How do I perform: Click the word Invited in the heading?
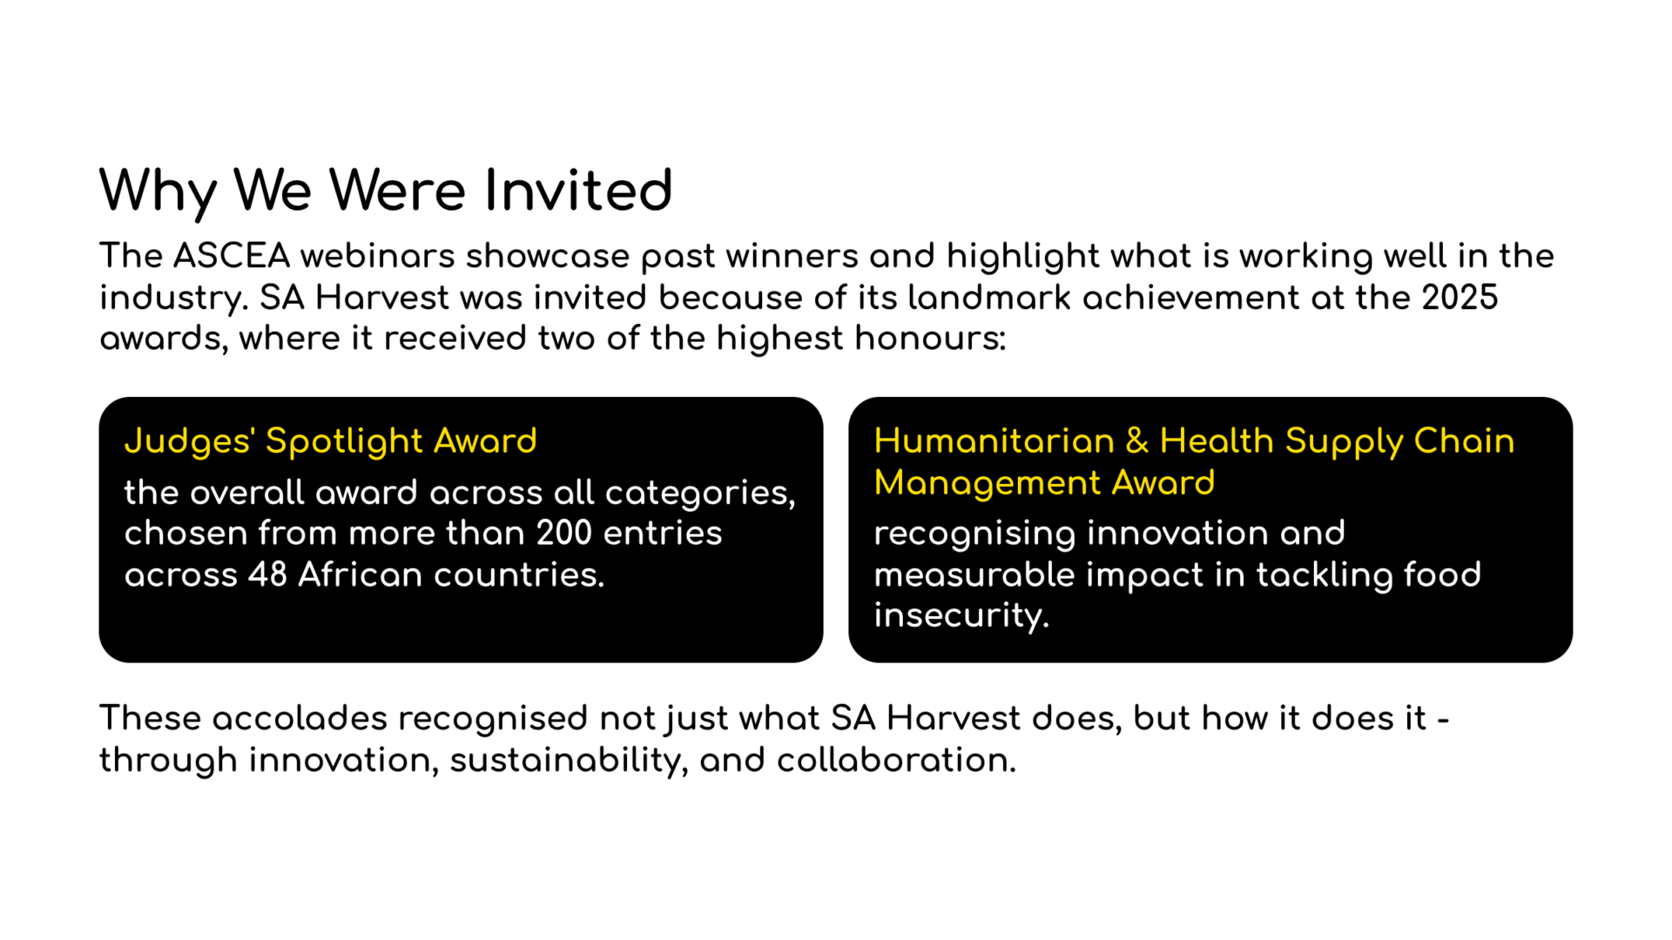click(x=578, y=191)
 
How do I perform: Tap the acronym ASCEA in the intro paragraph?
click(x=231, y=256)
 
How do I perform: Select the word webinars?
click(x=378, y=256)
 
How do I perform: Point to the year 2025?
click(x=1460, y=298)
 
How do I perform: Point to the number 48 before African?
click(x=267, y=574)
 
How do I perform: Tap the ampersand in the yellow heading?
click(x=1137, y=441)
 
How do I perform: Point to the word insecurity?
click(x=961, y=616)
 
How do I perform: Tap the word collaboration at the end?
click(x=896, y=760)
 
